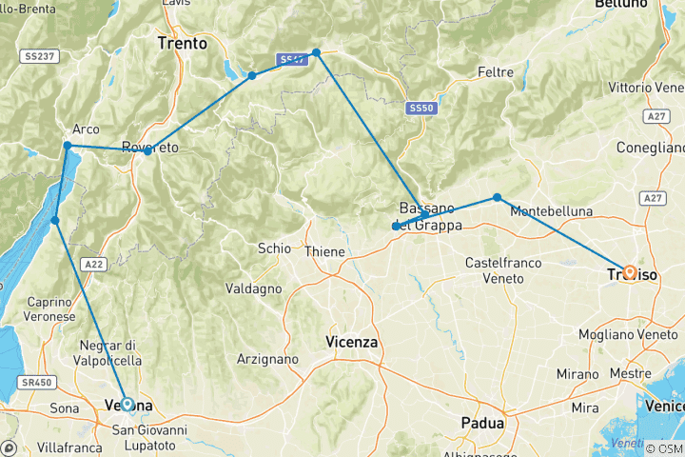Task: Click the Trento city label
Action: pos(182,43)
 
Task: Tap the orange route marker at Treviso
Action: pos(630,272)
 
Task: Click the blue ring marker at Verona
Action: pos(127,405)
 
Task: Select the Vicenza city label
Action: pos(351,341)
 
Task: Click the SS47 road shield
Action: pos(293,60)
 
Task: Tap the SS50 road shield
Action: pos(421,109)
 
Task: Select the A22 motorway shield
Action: pos(92,264)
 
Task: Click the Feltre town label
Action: pos(496,72)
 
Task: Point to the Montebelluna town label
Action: pos(551,210)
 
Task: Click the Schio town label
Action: pos(274,248)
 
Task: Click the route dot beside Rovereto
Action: pos(147,150)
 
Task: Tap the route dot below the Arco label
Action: pos(68,146)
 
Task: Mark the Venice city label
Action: pos(663,407)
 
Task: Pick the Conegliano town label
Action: pos(652,148)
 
